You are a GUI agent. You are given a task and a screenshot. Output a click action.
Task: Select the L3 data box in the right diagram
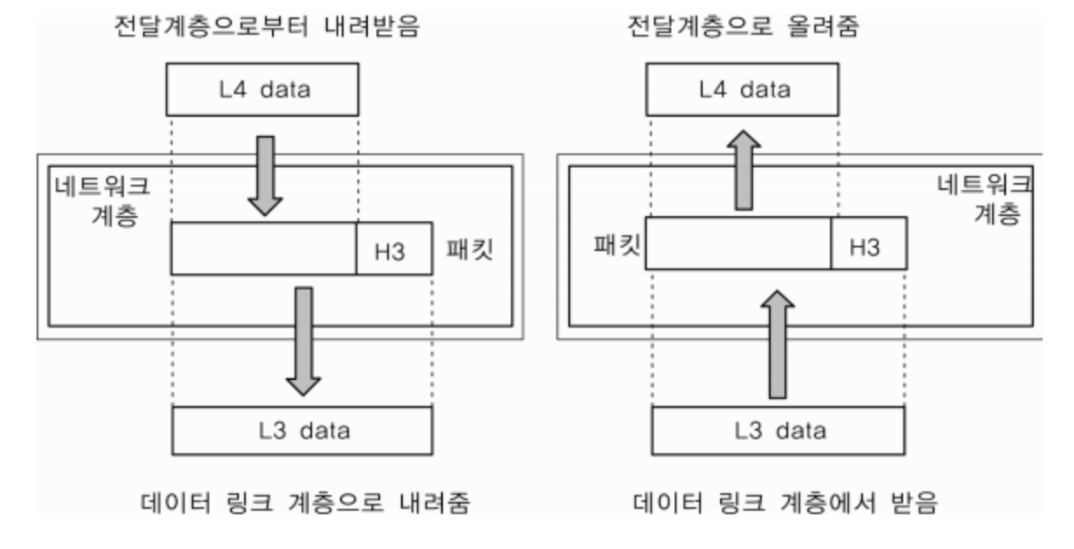pos(778,430)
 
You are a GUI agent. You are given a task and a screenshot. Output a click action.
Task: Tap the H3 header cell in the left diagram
pos(393,249)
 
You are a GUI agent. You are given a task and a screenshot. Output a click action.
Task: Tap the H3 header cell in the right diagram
pos(868,243)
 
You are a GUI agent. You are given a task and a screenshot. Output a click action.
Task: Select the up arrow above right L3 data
pos(778,345)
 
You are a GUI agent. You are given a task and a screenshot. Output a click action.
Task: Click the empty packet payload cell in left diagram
pos(263,249)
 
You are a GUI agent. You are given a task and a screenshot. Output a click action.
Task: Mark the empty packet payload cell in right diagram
pos(738,243)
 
